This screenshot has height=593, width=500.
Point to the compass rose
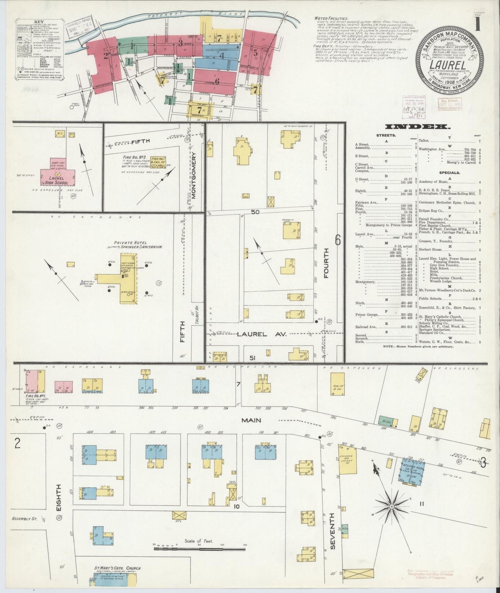click(391, 507)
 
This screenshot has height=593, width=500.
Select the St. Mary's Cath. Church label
click(118, 568)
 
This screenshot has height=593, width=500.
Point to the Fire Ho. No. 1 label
click(34, 395)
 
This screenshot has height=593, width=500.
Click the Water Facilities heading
click(331, 18)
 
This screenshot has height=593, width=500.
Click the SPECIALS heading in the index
click(450, 172)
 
